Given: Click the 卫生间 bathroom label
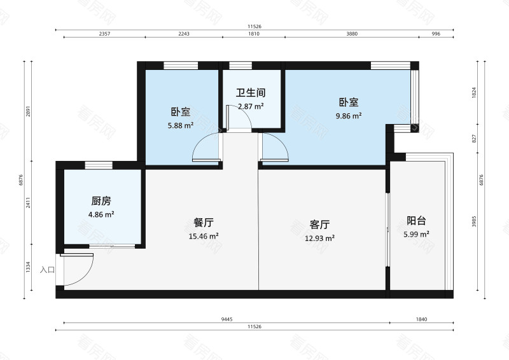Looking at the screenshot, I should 251,92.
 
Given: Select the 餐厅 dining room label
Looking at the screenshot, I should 203,223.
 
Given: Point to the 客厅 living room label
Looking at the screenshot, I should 319,225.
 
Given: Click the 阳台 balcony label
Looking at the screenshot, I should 416,221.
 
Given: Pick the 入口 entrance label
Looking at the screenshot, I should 47,270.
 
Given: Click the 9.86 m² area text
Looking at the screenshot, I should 349,116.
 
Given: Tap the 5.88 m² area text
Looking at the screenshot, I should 180,125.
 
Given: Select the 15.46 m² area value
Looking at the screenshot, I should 204,236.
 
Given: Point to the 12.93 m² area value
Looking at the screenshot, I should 319,238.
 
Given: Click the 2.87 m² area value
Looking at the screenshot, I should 251,106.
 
